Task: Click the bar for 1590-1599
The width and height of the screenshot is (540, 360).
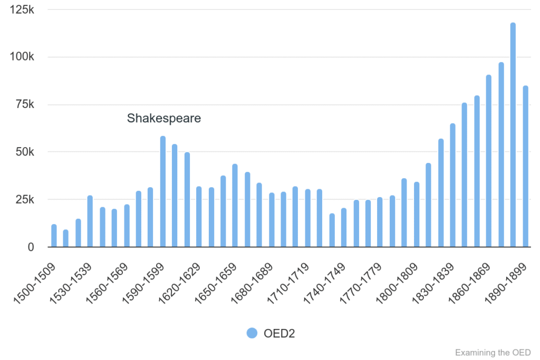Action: tap(163, 192)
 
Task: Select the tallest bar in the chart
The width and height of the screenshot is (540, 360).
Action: tap(513, 135)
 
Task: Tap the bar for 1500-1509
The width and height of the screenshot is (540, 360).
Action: tap(54, 236)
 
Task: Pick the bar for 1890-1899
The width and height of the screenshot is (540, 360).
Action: tap(525, 167)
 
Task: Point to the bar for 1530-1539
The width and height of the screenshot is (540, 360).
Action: tap(90, 221)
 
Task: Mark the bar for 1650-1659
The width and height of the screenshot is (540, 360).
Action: tap(235, 206)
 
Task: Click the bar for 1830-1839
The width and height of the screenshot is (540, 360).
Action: tap(452, 185)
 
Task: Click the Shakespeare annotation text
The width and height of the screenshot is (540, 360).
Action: tap(164, 119)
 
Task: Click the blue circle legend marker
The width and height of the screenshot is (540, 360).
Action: tap(252, 333)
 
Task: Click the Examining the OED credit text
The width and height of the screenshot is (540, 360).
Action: tap(493, 352)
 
